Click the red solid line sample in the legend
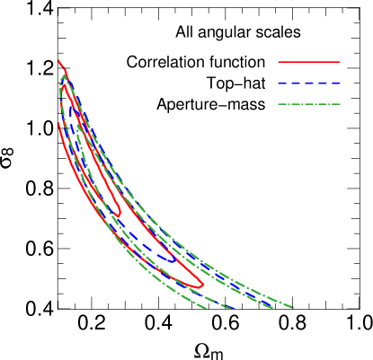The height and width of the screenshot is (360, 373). pos(309,62)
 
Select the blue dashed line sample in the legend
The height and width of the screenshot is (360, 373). pos(309,83)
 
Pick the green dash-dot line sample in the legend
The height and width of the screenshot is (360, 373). pos(309,104)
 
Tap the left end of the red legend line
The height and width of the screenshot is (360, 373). pos(279,62)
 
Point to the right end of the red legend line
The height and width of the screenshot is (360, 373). pos(340,62)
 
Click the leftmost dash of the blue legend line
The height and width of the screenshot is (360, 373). pos(282,83)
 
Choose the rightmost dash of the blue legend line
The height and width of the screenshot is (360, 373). pos(336,83)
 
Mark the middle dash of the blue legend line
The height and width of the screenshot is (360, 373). pos(309,83)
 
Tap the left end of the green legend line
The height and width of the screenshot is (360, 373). pos(279,104)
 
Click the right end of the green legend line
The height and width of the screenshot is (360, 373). pos(340,104)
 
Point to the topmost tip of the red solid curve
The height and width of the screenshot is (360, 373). pos(59,60)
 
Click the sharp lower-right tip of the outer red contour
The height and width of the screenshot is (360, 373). pos(204,285)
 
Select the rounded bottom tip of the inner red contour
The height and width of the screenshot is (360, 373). pos(120,214)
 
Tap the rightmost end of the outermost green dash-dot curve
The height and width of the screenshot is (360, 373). pos(293,308)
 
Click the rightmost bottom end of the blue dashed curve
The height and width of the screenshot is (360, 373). pos(272,308)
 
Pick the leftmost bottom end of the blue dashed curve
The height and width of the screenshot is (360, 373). pos(232,308)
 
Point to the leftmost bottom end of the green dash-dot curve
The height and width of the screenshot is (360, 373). pos(205,308)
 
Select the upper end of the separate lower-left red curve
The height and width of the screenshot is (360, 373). pos(59,124)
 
